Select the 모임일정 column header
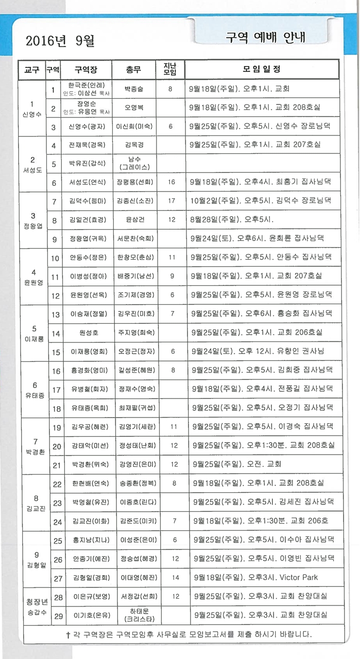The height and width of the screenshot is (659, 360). (261, 70)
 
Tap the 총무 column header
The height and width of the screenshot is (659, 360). (133, 70)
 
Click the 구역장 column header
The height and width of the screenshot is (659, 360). (85, 70)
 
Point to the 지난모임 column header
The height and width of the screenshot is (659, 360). (170, 70)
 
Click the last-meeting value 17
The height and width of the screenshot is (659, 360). (170, 201)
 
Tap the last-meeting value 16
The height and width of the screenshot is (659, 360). (171, 182)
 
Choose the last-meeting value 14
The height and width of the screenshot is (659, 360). (176, 578)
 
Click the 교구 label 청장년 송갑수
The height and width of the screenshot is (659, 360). (32, 606)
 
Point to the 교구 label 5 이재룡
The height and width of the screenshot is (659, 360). (32, 333)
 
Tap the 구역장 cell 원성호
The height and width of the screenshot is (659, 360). (86, 333)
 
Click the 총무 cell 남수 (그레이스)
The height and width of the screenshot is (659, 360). (133, 163)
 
